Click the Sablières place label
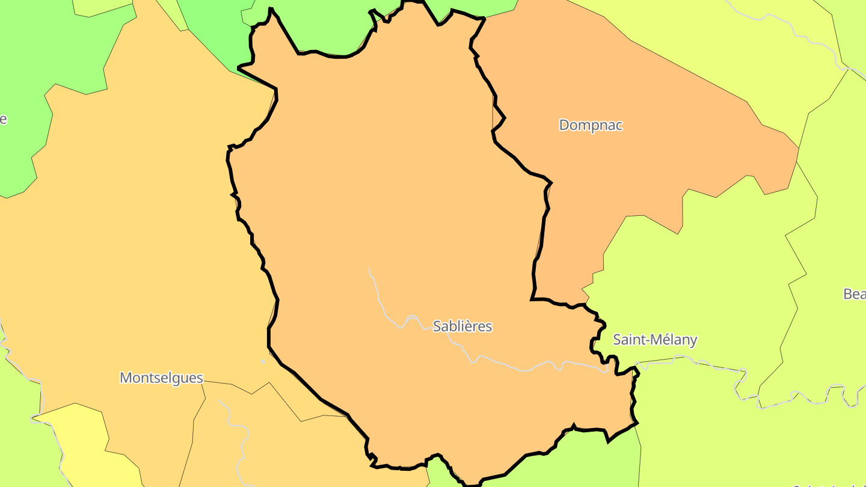[x=462, y=326]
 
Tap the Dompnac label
[x=591, y=125]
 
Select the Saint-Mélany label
[x=655, y=340]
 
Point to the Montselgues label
[x=161, y=378]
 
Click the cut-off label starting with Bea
[x=855, y=294]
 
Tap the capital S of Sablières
[x=437, y=326]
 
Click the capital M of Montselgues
[x=126, y=378]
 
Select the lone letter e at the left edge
[x=3, y=119]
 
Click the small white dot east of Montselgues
[x=263, y=361]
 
